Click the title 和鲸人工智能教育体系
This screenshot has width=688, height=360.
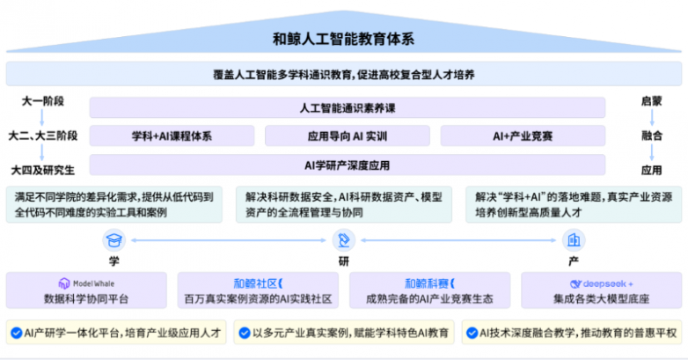[x=344, y=39]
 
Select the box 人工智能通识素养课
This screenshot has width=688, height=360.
[x=348, y=107]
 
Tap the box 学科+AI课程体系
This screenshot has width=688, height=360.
[x=172, y=136]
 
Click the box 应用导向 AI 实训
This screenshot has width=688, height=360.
[x=347, y=136]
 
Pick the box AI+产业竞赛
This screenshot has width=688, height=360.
[x=523, y=136]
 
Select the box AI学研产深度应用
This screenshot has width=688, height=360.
[x=348, y=165]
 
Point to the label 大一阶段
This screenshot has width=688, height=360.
[x=43, y=101]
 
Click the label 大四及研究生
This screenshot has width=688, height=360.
[x=42, y=170]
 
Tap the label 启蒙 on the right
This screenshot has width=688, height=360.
[x=652, y=101]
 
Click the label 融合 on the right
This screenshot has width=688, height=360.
[x=652, y=136]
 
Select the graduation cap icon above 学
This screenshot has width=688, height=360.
[x=114, y=240]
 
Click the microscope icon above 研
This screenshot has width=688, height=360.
[x=344, y=240]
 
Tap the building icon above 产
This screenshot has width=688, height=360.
[x=574, y=240]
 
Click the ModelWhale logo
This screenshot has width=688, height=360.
[x=86, y=283]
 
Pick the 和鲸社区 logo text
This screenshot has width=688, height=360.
[x=258, y=283]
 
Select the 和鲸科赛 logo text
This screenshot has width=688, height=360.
[x=429, y=283]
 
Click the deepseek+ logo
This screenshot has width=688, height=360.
[x=601, y=284]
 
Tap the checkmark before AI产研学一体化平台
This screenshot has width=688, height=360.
[x=16, y=334]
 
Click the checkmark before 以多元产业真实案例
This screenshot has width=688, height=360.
[x=245, y=334]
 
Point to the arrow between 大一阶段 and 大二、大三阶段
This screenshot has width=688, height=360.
[x=42, y=118]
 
